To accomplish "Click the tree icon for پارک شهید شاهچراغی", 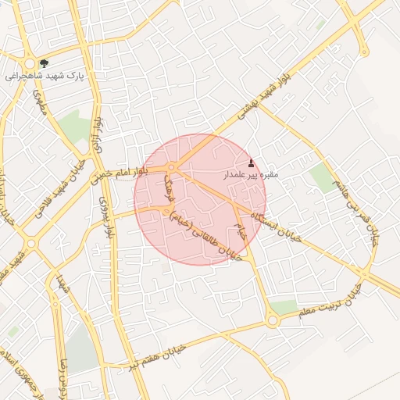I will (43, 63).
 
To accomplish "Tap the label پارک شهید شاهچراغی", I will (44, 77).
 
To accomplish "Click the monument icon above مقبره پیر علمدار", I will (251, 163).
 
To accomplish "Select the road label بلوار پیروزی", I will (107, 215).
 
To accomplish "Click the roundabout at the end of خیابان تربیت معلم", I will (271, 320).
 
